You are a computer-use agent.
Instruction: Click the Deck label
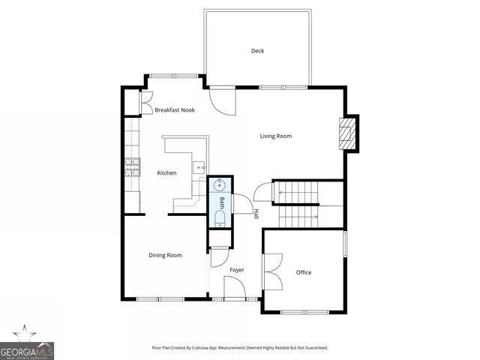[257, 51]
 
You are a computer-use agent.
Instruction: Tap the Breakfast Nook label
[175, 110]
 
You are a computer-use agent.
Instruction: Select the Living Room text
[275, 136]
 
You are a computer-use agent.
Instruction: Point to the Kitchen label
[166, 173]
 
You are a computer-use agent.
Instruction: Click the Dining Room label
[165, 256]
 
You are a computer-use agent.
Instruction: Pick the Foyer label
[237, 269]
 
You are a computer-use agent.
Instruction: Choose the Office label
[303, 272]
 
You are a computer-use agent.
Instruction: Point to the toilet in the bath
[220, 217]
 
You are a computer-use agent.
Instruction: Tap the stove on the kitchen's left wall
[133, 167]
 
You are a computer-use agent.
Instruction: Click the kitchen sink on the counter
[198, 167]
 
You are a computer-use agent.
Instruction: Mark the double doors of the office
[271, 271]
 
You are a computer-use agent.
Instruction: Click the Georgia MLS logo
[27, 347]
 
